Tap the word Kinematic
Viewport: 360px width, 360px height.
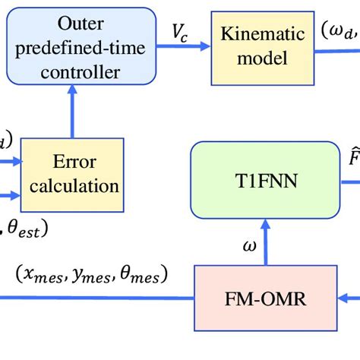[x=263, y=34]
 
